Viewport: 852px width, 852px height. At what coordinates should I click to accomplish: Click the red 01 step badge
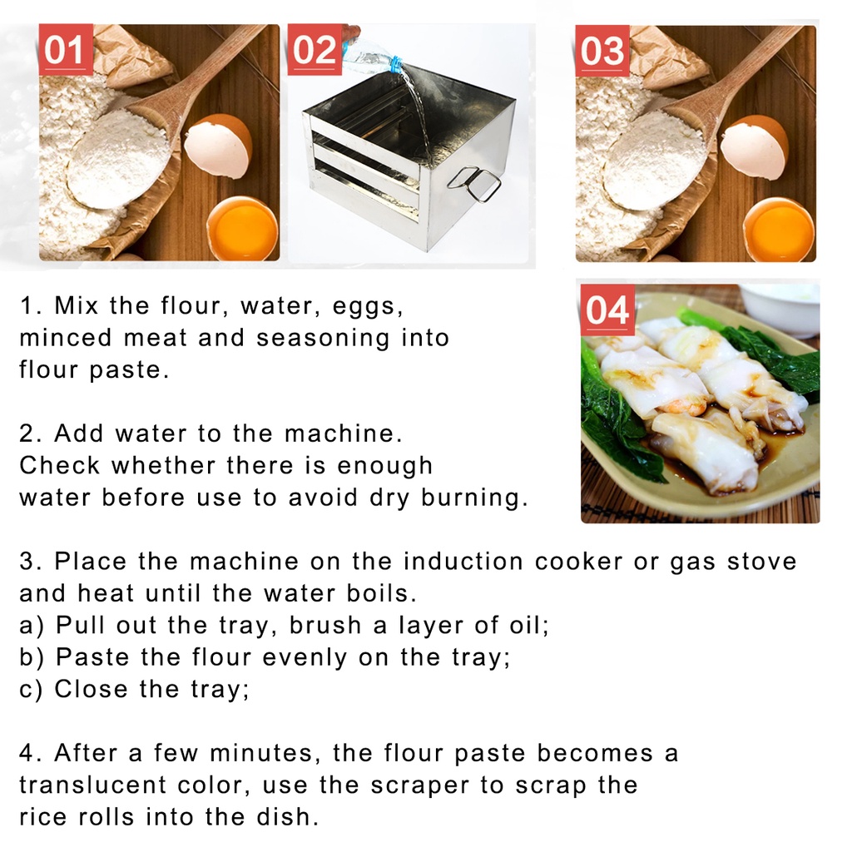coord(65,50)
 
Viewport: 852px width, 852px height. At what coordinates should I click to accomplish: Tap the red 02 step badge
coord(315,50)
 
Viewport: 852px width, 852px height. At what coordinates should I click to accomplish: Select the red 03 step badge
coord(602,50)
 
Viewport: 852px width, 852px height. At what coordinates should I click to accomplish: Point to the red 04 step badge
coord(607,310)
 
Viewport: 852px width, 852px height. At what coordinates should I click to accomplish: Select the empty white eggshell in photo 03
coord(753,146)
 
